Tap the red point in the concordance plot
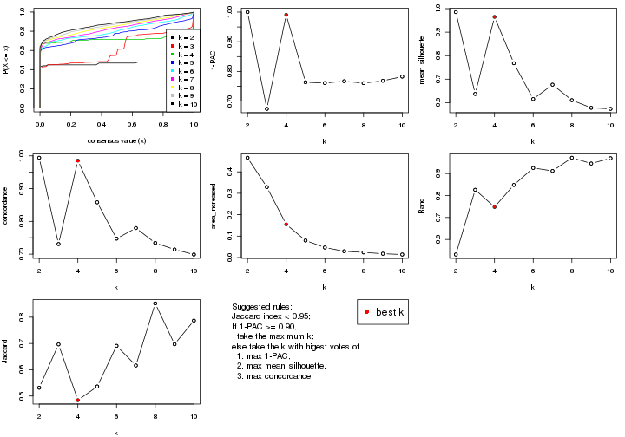(77, 160)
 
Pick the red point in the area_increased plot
(286, 225)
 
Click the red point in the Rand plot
(494, 206)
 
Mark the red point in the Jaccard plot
(77, 401)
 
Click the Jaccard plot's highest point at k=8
(155, 303)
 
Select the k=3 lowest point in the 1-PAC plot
(266, 108)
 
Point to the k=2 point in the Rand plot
(456, 254)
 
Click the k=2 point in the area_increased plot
(247, 158)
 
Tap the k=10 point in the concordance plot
(194, 255)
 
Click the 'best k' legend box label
(390, 312)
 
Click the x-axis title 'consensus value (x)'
(116, 140)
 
